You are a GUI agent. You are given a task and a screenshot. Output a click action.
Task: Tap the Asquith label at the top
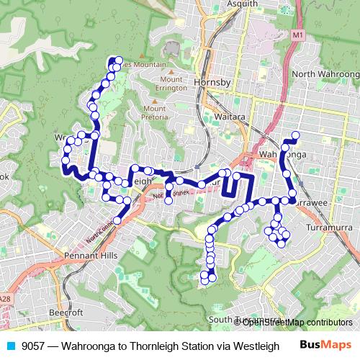coord(242,4)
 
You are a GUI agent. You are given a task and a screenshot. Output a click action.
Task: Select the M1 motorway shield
coord(297,34)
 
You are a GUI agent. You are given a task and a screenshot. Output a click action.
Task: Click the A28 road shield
coord(6,298)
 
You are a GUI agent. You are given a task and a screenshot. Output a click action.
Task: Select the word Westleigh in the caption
coord(254,346)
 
